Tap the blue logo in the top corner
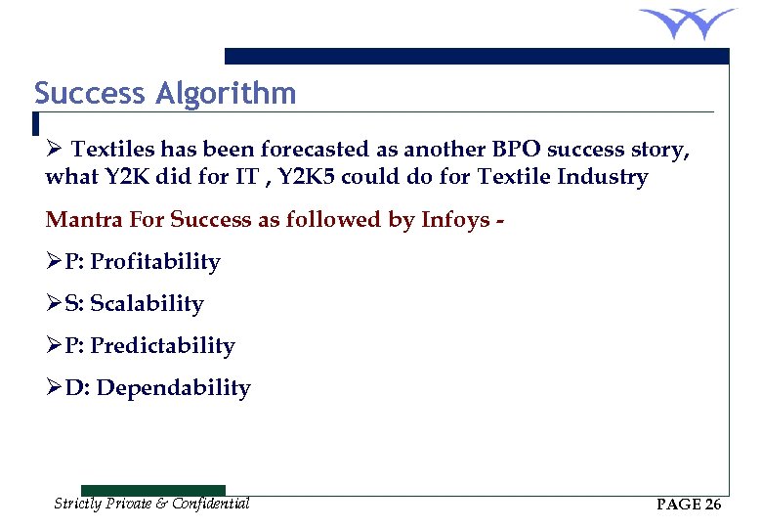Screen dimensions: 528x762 point(687,22)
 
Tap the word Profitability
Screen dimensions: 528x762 point(155,262)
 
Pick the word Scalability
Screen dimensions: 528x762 point(147,304)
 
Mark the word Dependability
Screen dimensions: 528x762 point(174,388)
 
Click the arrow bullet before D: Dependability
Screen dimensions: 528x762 point(54,388)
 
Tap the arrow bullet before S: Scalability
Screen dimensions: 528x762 point(54,304)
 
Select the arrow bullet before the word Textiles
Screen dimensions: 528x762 point(55,150)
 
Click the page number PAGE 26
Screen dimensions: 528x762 point(689,505)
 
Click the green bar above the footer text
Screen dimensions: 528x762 point(152,490)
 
